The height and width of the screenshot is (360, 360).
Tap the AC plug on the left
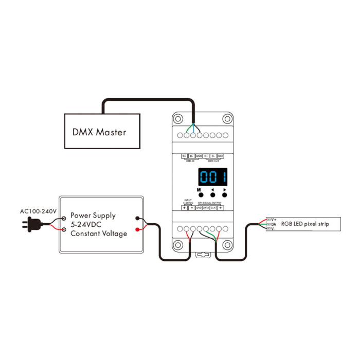click(x=30, y=224)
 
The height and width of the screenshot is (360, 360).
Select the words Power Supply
click(x=93, y=215)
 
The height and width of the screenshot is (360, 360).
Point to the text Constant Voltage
click(x=98, y=234)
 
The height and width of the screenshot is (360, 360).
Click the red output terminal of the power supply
click(x=137, y=230)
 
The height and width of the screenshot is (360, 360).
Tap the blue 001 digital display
click(x=213, y=178)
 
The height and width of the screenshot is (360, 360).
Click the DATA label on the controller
click(x=206, y=208)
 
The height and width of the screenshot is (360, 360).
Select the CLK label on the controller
click(x=213, y=208)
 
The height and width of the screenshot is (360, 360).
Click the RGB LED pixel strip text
click(x=304, y=224)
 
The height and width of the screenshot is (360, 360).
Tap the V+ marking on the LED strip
click(x=274, y=220)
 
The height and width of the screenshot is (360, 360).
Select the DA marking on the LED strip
click(x=274, y=224)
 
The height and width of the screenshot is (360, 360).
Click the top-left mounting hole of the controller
click(x=178, y=118)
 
